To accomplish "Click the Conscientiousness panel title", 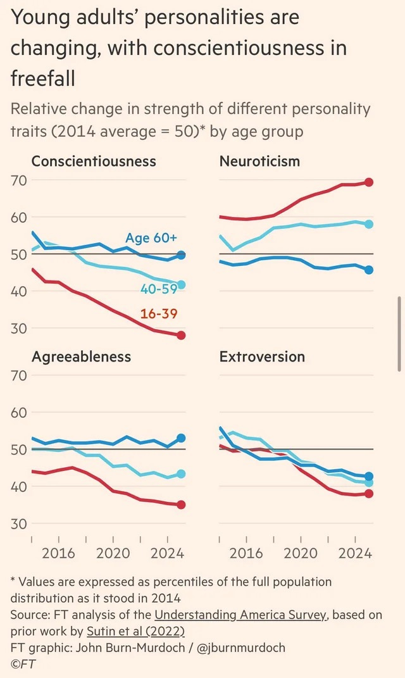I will [94, 161].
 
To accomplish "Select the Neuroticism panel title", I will [259, 161].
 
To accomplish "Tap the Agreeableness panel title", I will [81, 356].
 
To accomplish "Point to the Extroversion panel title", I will [262, 356].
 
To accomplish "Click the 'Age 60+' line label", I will [151, 238].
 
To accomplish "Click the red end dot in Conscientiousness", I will [181, 336].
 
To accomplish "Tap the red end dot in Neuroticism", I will [369, 182].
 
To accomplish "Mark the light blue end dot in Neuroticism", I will [369, 224].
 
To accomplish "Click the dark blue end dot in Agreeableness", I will [181, 438].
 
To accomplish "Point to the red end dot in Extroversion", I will [369, 494].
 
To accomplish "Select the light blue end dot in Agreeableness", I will [181, 474].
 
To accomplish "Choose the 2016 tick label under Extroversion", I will [246, 553].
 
